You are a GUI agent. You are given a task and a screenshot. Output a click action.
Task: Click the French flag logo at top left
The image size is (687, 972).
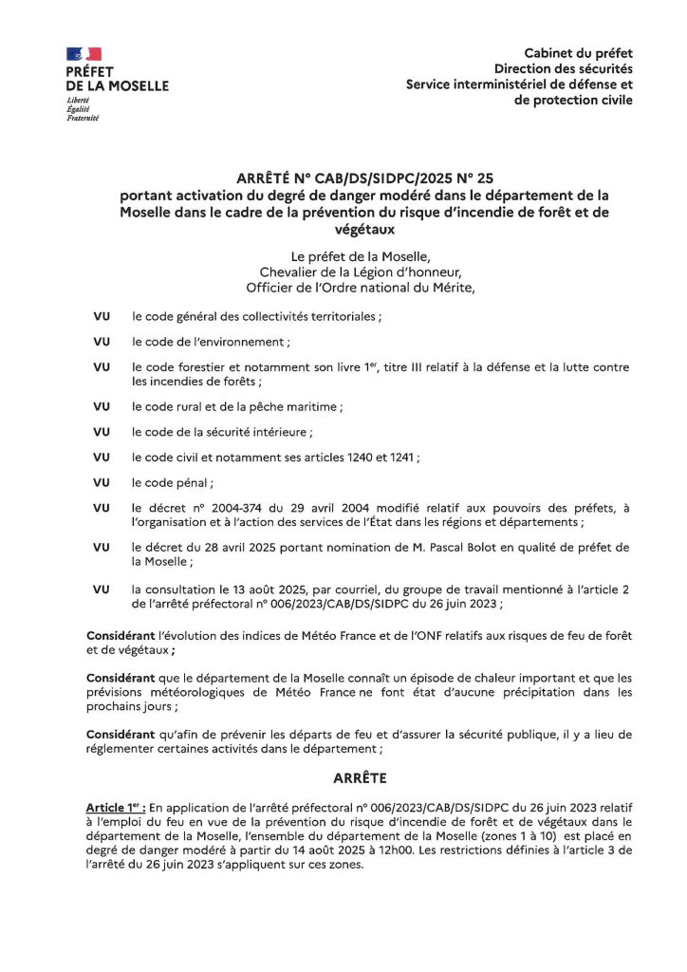click(x=84, y=54)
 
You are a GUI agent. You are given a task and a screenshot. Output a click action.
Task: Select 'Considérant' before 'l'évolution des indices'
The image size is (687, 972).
click(x=124, y=634)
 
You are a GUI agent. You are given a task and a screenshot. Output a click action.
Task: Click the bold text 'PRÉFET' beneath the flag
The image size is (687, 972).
click(x=90, y=72)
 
